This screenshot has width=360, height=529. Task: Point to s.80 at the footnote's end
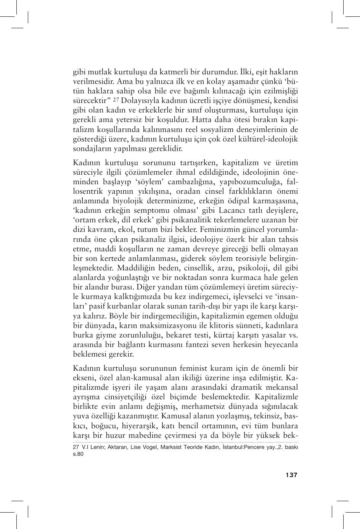coord(78,454)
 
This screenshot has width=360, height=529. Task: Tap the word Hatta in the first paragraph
coord(202,120)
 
